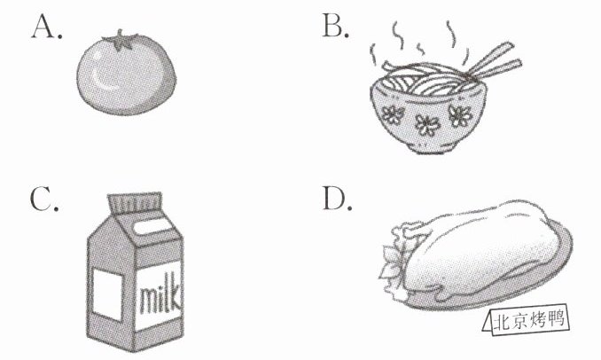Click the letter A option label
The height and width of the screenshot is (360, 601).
46,27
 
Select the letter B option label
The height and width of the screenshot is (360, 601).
336,26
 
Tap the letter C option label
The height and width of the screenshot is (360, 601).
44,199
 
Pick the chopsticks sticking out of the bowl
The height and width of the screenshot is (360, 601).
495,61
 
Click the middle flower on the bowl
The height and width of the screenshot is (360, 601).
426,125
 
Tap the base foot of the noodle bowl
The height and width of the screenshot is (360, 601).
432,147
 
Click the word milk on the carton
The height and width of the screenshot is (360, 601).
160,295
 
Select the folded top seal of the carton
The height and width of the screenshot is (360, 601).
135,202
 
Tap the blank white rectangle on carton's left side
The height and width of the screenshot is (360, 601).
108,294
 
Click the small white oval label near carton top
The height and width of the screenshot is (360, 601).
152,226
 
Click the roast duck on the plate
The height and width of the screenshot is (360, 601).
475,249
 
